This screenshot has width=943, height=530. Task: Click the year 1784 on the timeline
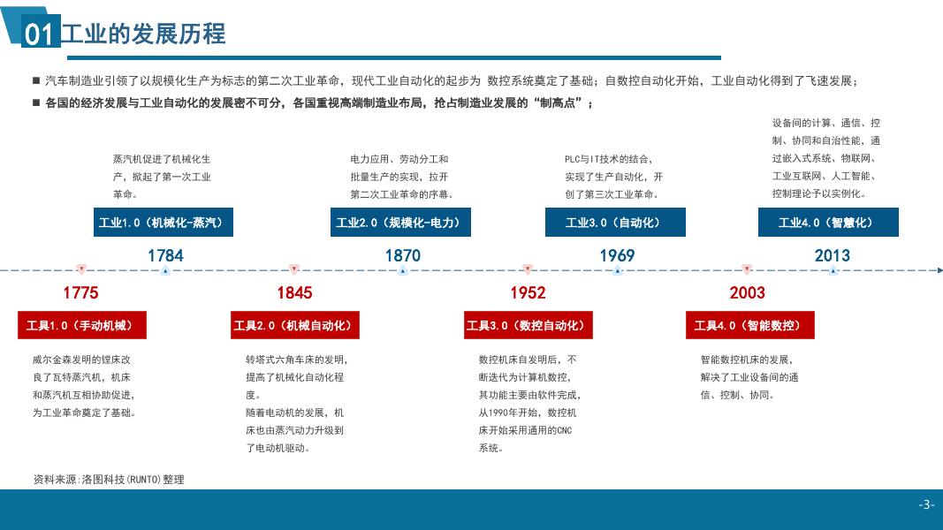pos(165,255)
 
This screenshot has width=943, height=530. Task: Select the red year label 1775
pos(80,292)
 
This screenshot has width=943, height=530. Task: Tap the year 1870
pos(403,255)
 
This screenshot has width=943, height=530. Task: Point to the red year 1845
pos(294,292)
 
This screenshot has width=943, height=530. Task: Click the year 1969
pos(617,255)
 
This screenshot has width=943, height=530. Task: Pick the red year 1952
pos(528,292)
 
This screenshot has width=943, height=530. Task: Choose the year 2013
pos(833,255)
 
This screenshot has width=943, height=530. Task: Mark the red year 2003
pos(748,292)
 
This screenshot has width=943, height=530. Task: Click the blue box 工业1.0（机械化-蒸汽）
pos(163,223)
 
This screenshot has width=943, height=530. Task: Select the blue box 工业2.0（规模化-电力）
pos(400,223)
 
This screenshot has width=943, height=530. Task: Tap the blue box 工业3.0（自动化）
pos(615,223)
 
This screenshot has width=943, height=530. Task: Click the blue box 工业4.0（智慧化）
pos(828,223)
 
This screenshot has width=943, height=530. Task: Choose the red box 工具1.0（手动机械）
pos(82,325)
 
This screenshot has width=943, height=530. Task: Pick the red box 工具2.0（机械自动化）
pos(294,325)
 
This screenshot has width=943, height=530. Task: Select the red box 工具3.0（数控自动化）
pos(528,325)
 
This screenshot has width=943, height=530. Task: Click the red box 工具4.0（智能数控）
pos(750,325)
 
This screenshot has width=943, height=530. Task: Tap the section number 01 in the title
pos(39,34)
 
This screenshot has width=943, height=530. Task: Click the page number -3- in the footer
pos(926,504)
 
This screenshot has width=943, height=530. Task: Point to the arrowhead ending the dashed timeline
pos(940,270)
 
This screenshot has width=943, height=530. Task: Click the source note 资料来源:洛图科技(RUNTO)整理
pos(109,480)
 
